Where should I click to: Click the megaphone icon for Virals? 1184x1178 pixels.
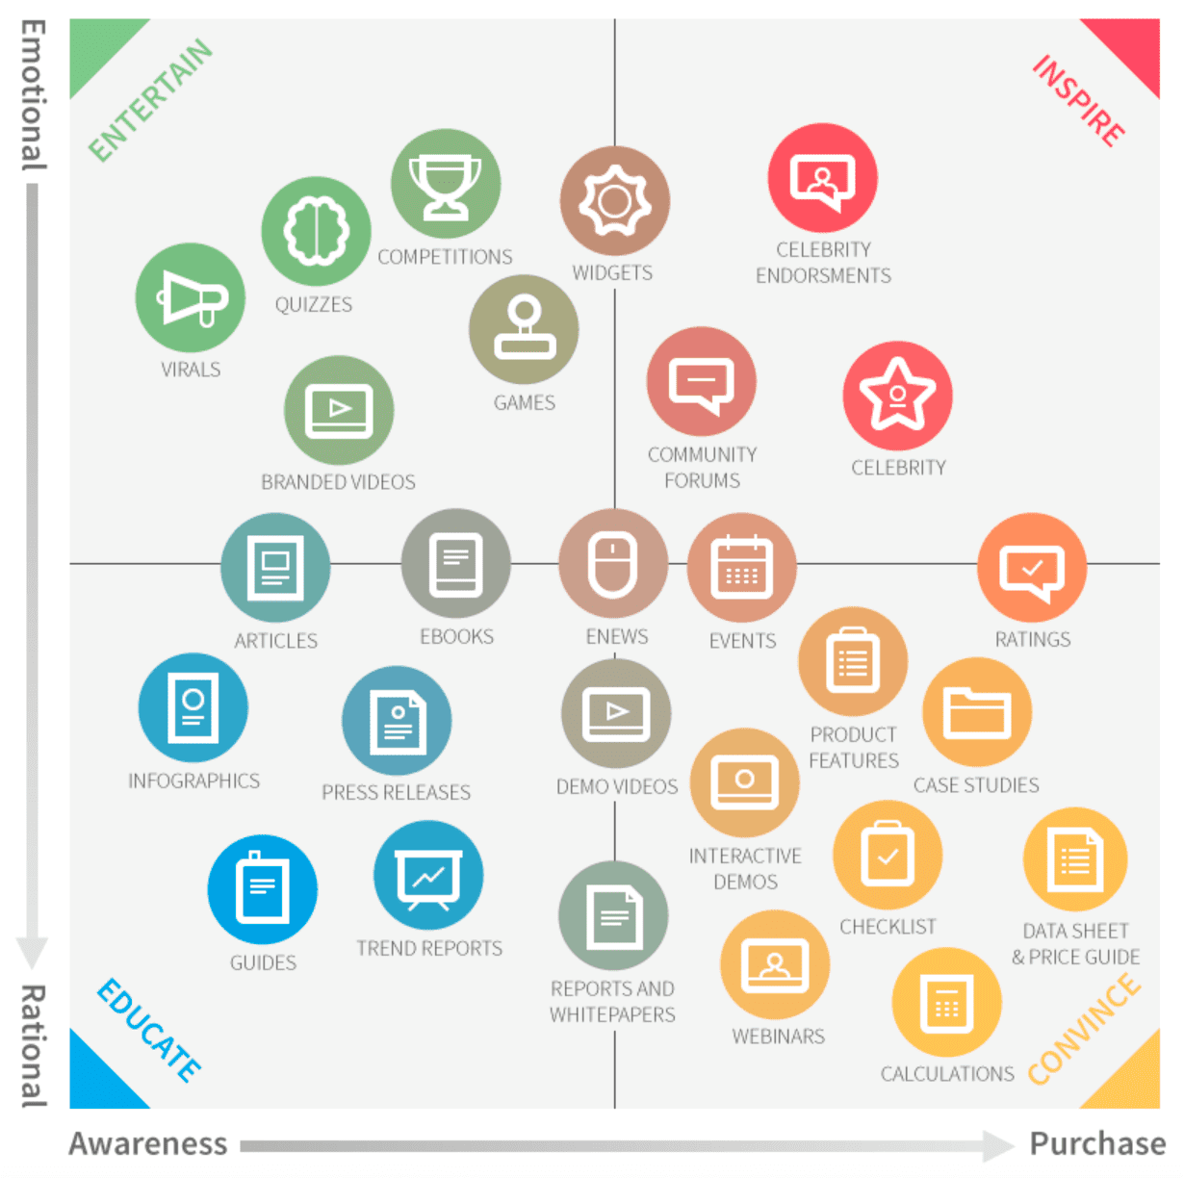click(191, 297)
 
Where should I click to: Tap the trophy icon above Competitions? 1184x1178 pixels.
click(445, 184)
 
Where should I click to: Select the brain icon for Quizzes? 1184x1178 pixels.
click(316, 231)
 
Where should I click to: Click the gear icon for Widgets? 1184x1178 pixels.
click(614, 201)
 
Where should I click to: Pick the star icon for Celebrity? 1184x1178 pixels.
click(897, 395)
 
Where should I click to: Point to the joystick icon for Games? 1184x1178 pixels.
click(524, 329)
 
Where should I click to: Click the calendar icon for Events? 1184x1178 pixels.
click(741, 567)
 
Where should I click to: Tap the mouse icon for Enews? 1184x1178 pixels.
click(613, 564)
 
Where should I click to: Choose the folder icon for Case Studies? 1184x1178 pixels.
click(976, 712)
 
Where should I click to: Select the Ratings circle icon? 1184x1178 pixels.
click(1031, 568)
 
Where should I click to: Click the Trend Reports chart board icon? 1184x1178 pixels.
click(428, 875)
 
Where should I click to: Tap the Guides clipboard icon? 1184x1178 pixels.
click(262, 889)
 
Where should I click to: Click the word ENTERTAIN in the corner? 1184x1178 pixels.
click(150, 99)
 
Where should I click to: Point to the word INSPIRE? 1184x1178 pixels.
click(1078, 101)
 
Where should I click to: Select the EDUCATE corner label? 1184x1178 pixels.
click(149, 1031)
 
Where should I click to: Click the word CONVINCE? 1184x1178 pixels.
click(1084, 1028)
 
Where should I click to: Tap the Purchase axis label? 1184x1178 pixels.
click(1096, 1143)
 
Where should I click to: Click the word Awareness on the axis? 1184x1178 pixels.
click(148, 1143)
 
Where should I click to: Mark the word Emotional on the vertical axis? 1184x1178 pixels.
click(34, 95)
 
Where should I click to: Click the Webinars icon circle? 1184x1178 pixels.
click(774, 964)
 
